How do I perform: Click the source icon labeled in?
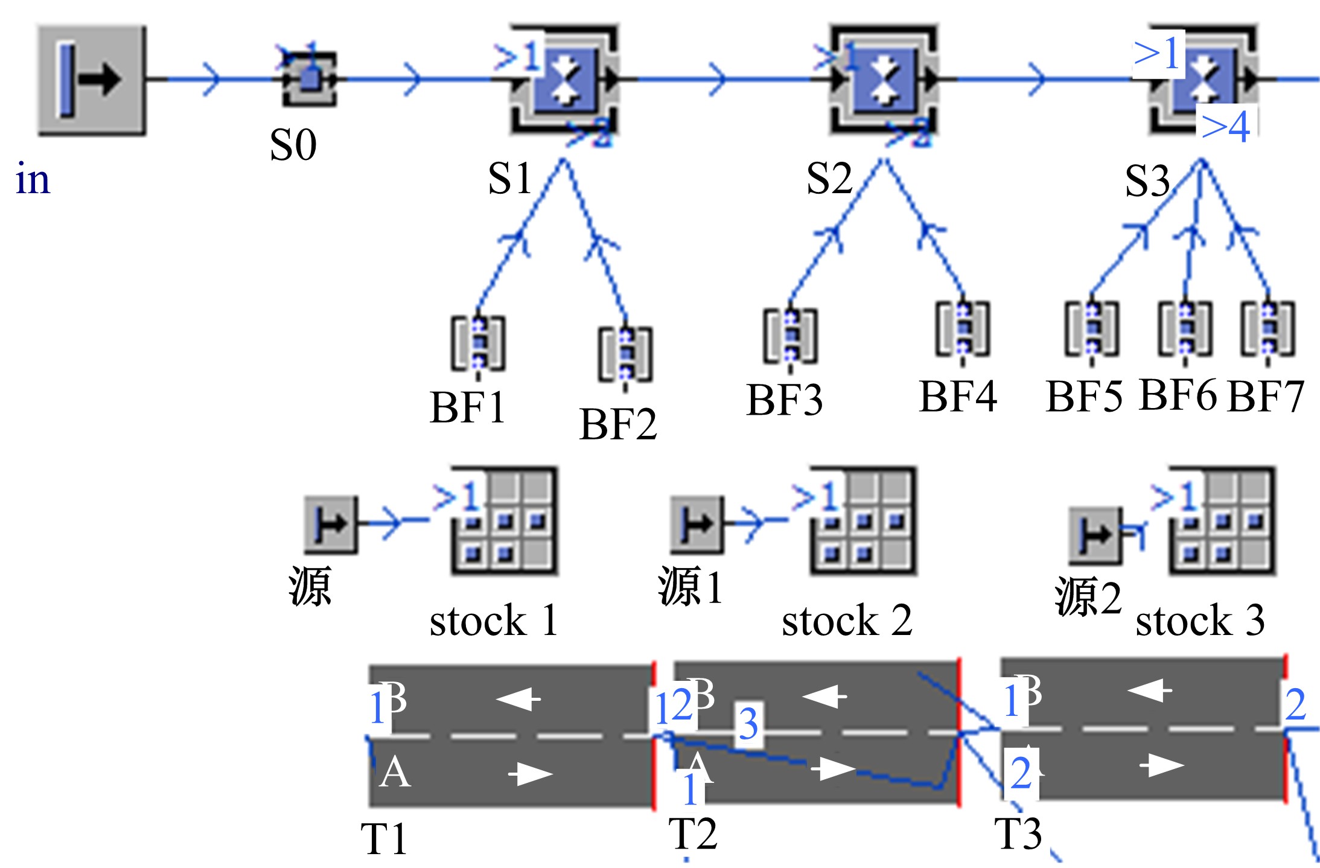point(92,80)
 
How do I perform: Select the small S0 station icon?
point(309,79)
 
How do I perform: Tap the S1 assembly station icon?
point(564,79)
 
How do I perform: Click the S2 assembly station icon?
point(883,79)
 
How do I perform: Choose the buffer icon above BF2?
point(625,354)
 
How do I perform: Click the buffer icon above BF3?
point(790,336)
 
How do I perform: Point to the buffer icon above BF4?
point(963,328)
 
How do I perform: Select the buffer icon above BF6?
point(1185,328)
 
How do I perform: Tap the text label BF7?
point(1266,397)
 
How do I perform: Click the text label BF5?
point(1084,397)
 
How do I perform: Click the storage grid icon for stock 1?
point(505,521)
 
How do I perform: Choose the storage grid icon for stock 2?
point(863,521)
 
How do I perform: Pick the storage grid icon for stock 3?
point(1222,521)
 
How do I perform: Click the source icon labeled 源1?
point(697,525)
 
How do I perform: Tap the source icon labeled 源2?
point(1095,535)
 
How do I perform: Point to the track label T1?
point(384,838)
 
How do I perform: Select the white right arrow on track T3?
point(1162,765)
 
